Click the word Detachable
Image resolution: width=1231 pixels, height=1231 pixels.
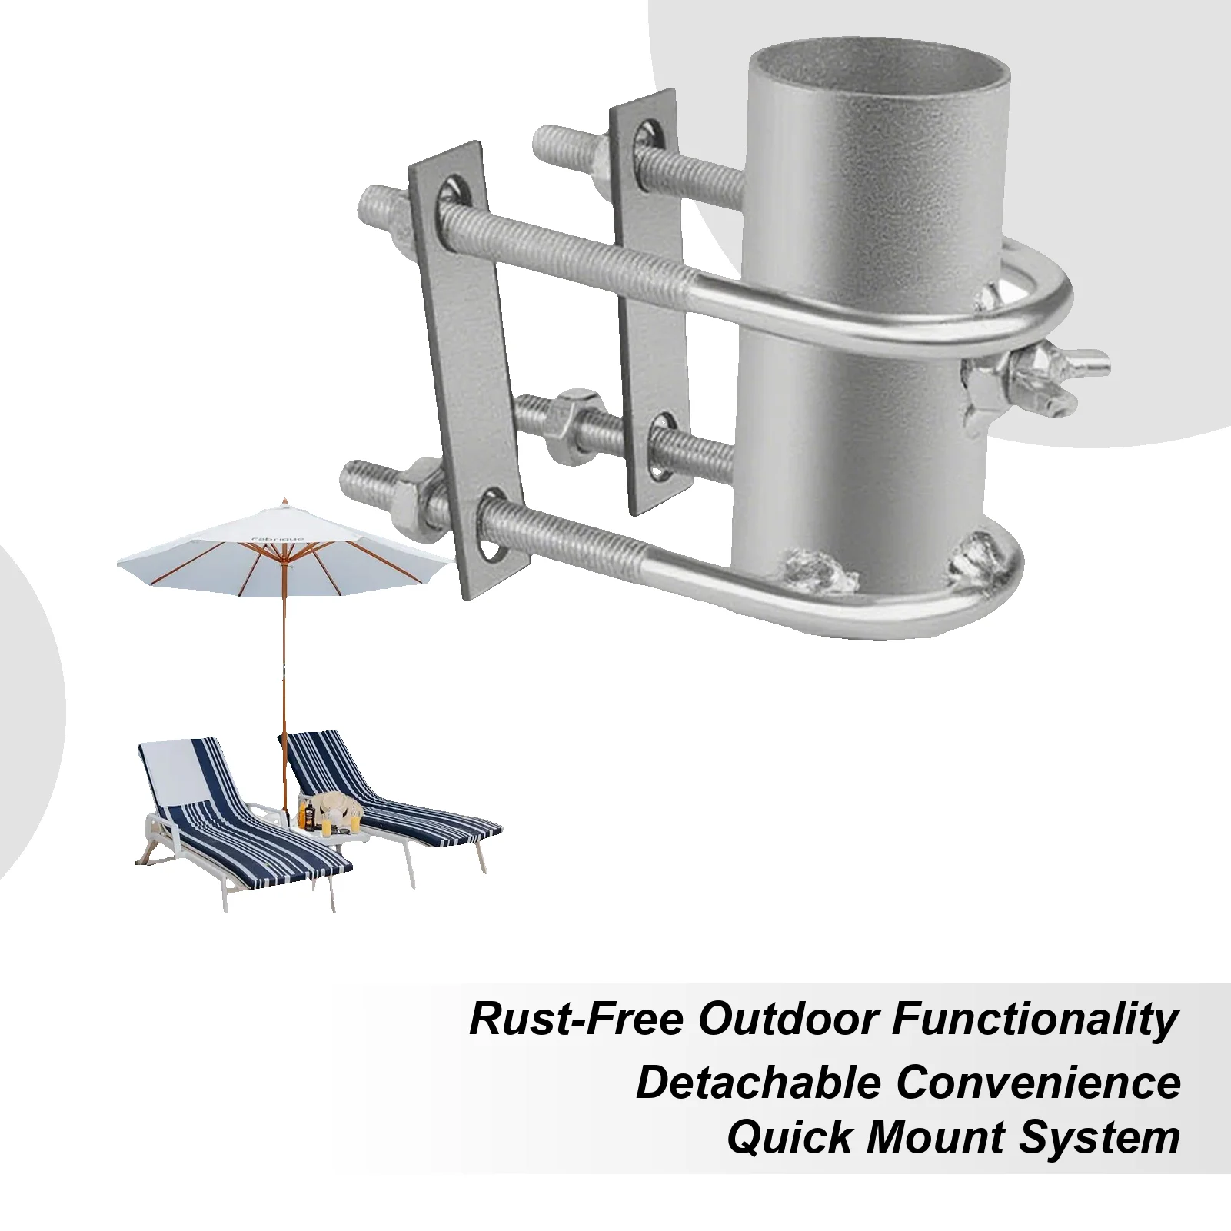click(x=758, y=1083)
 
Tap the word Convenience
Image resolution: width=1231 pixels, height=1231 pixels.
click(x=1038, y=1083)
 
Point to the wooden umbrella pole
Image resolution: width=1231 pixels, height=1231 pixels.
click(x=284, y=677)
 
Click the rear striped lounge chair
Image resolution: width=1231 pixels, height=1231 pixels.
click(x=384, y=800)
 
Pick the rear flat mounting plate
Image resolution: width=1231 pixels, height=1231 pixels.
click(x=648, y=300)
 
